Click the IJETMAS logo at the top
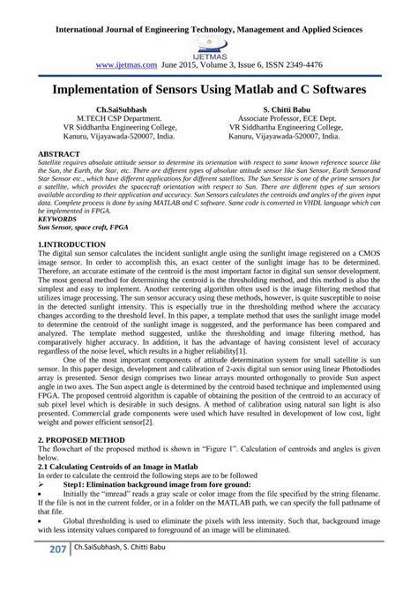tap(208, 43)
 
